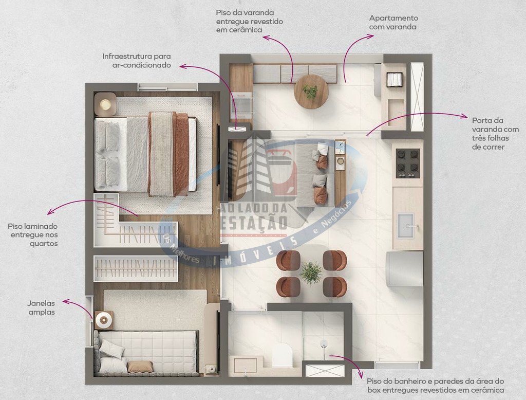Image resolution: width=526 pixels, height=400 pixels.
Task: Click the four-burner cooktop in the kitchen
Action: click(408, 163)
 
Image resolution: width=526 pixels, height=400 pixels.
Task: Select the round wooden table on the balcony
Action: click(311, 92)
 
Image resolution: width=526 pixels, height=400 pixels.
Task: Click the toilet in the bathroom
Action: click(282, 355)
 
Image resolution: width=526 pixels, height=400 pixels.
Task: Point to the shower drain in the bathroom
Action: click(324, 343)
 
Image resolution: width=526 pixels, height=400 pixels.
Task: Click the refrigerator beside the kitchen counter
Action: click(405, 269)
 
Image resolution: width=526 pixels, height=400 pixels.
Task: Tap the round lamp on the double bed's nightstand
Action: click(105, 104)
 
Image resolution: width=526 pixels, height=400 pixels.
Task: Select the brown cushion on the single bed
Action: click(140, 367)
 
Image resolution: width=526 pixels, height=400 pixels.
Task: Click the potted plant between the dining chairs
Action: click(311, 272)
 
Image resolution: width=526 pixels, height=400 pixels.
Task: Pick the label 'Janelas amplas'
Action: click(41, 307)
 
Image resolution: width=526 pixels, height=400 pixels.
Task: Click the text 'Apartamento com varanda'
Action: click(393, 22)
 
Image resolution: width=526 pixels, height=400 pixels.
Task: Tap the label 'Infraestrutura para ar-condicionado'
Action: click(137, 61)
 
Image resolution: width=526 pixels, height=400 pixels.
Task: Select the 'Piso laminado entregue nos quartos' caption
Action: click(33, 235)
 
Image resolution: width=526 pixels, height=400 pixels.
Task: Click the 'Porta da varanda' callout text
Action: click(495, 133)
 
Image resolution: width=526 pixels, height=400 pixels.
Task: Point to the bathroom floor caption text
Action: click(436, 386)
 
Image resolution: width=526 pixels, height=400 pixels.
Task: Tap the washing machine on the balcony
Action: click(394, 80)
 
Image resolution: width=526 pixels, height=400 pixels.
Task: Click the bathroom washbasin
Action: click(246, 365)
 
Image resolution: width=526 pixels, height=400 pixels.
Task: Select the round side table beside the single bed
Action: click(104, 320)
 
